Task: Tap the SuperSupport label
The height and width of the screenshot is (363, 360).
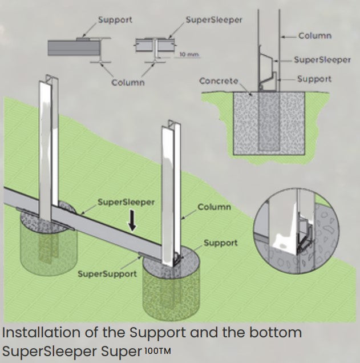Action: click(107, 274)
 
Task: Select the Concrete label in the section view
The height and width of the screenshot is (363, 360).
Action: click(219, 81)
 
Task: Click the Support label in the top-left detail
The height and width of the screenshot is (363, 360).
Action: click(115, 20)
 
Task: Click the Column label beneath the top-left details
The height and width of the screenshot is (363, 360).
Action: click(128, 82)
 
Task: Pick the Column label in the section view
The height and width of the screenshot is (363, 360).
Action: click(314, 35)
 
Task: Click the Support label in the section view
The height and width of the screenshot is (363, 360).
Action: click(314, 79)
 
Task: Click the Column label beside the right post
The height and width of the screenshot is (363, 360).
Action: click(214, 207)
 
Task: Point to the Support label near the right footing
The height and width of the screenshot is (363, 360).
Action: click(220, 243)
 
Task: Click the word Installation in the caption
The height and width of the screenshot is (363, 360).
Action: click(37, 332)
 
